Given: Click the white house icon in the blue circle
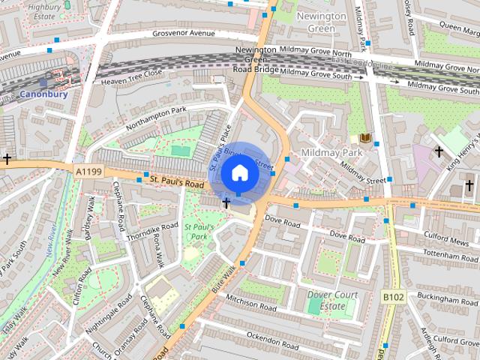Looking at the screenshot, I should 239,173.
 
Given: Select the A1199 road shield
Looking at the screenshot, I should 88,172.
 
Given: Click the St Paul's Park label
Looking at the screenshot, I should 199,231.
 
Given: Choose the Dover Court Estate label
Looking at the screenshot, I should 331,301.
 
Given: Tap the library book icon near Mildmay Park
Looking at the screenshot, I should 365,138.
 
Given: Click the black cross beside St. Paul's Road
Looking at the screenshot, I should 226,203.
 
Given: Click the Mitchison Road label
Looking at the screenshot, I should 251,302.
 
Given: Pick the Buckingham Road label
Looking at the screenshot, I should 447,299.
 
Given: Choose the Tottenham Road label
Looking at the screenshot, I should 450,256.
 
